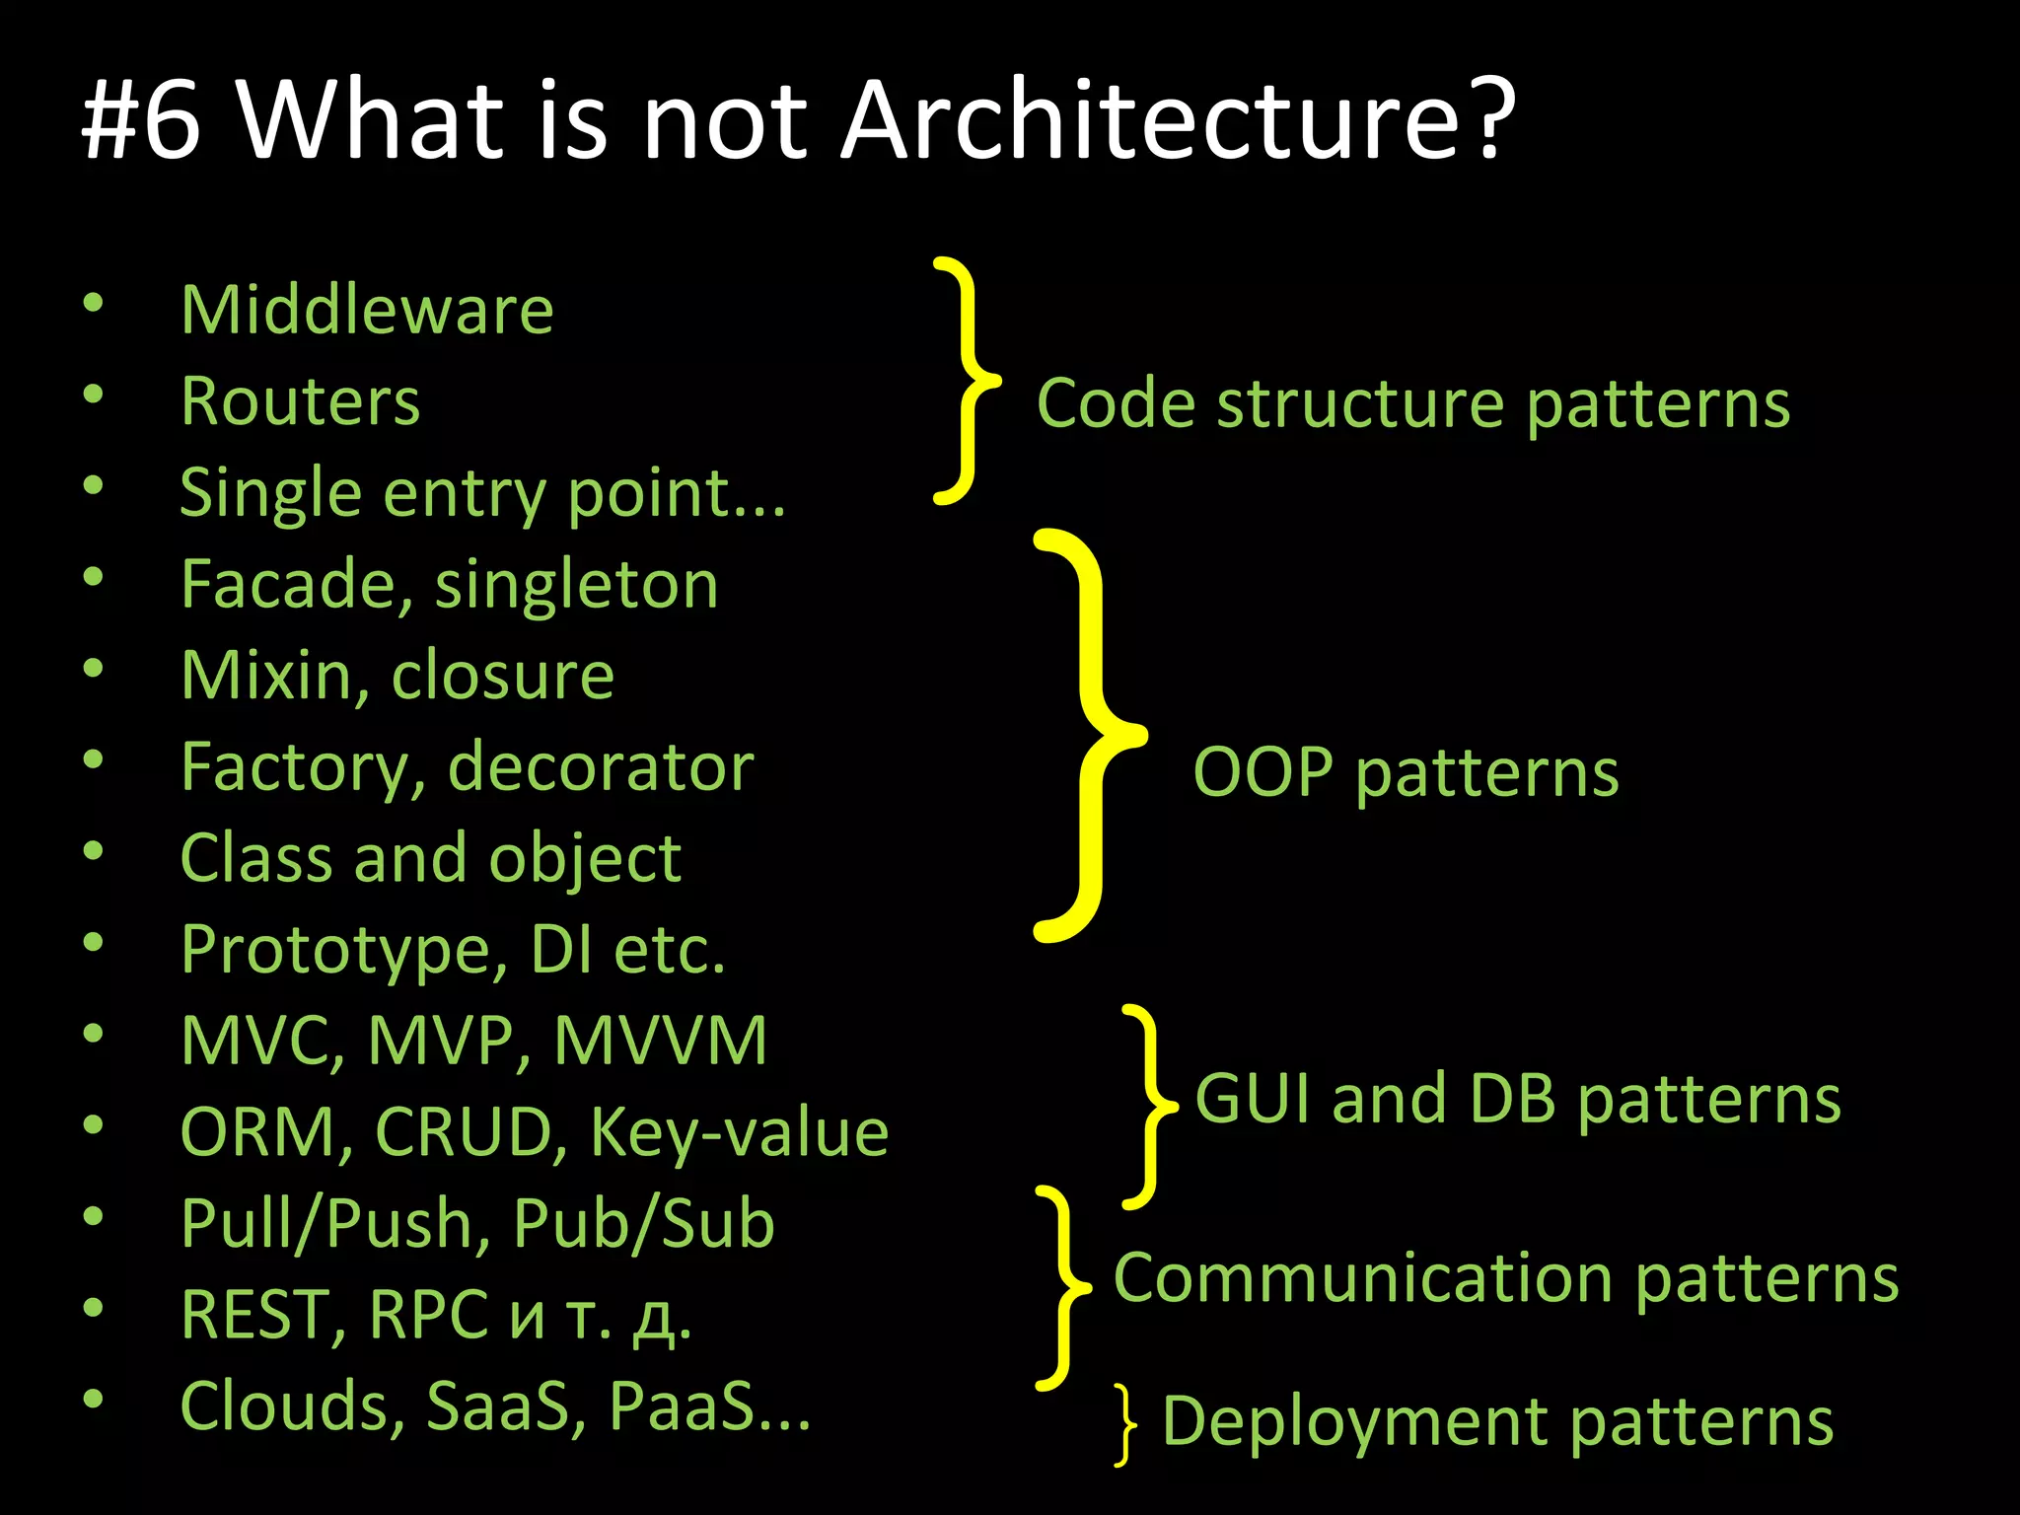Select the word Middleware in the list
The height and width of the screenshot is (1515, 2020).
pyautogui.click(x=367, y=311)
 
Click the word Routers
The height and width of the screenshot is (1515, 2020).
pyautogui.click(x=301, y=402)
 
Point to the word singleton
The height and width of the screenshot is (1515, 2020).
pyautogui.click(x=577, y=585)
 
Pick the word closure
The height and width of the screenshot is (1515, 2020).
pyautogui.click(x=503, y=677)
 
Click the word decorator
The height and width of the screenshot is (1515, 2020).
pyautogui.click(x=601, y=767)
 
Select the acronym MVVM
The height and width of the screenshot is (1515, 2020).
pyautogui.click(x=661, y=1042)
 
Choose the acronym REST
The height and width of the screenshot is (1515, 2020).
pyautogui.click(x=262, y=1316)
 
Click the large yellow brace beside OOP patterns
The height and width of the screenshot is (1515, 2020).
pyautogui.click(x=1090, y=735)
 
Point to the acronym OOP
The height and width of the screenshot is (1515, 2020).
pyautogui.click(x=1263, y=772)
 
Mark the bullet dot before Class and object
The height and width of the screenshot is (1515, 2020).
pyautogui.click(x=94, y=850)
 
